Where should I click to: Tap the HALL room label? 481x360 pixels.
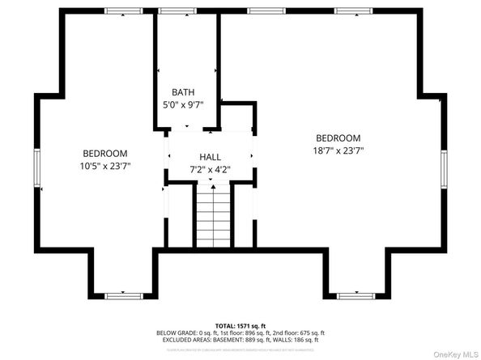[210, 157]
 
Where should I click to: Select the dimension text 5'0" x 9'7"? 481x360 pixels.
[185, 105]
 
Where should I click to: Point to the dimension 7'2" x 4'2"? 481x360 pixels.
[210, 170]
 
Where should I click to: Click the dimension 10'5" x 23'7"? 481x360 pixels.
[105, 166]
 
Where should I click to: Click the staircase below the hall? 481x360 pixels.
[214, 216]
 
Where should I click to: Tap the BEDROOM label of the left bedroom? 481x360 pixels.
[105, 154]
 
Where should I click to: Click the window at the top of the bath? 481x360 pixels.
[171, 11]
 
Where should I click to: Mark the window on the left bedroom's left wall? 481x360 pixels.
[36, 170]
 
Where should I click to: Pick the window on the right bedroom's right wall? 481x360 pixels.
[444, 170]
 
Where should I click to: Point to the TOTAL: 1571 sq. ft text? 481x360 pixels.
[241, 325]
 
